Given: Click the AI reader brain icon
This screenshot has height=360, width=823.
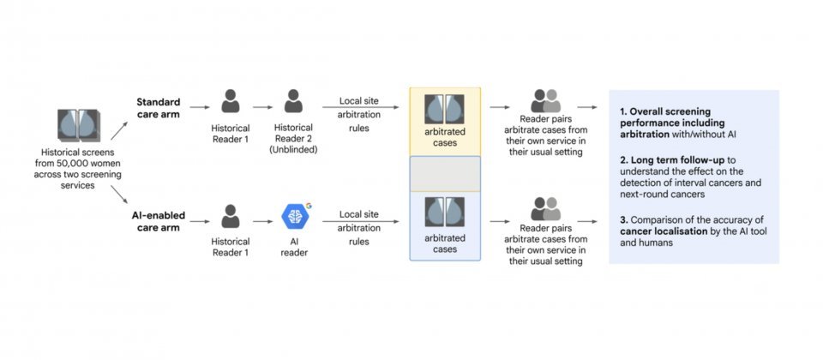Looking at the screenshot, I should pos(294,216).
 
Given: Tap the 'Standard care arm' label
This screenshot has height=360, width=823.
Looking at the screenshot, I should pos(157,108).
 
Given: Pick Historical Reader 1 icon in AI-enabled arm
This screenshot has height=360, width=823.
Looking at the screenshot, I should pos(230,216).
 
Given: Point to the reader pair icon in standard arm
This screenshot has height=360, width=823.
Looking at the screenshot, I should pos(544,100).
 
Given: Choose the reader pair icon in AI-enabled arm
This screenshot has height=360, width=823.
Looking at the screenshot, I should pos(544,208).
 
